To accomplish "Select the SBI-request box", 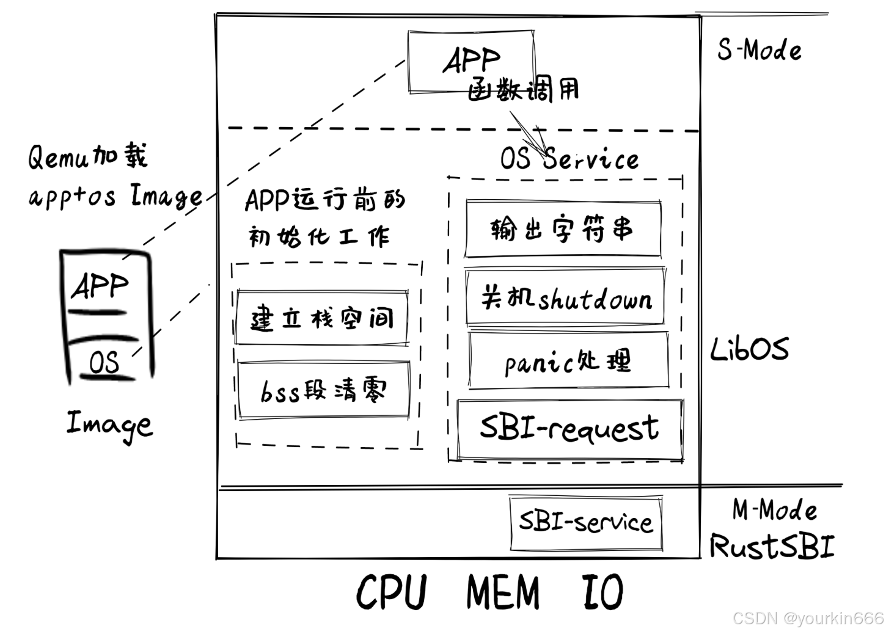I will tap(569, 429).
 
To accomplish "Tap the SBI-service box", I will tap(585, 523).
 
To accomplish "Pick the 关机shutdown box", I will tap(565, 297).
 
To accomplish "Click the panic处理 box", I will tap(568, 361).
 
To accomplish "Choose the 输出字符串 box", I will tap(562, 228).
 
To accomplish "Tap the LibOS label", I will tap(749, 349).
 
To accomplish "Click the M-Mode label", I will tap(774, 509).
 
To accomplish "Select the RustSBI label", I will tap(771, 545).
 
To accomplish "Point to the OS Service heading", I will tap(569, 159).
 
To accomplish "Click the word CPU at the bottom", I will tap(391, 592).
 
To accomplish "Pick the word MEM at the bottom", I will tap(503, 592).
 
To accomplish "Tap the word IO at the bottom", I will tap(602, 592).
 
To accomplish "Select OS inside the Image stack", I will tap(104, 362).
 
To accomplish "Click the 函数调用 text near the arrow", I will tap(523, 90).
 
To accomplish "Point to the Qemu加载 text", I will tap(87, 156).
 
